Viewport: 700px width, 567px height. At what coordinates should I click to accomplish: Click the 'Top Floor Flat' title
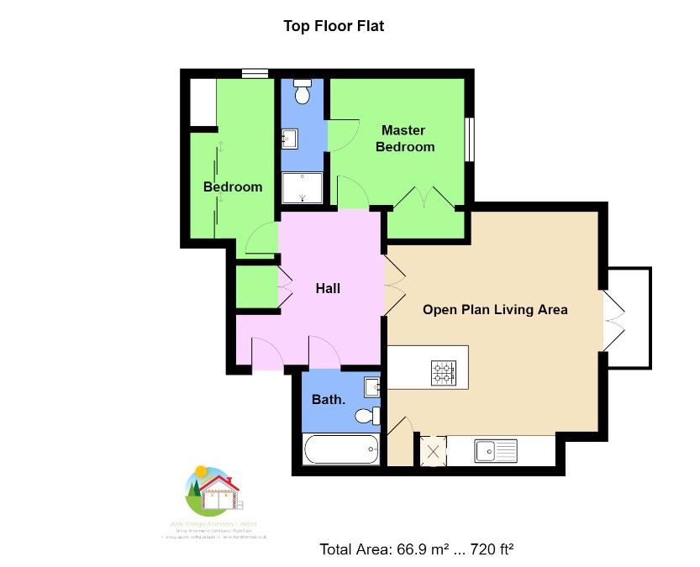point(334,26)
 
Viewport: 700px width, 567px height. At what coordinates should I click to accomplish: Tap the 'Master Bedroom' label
point(404,139)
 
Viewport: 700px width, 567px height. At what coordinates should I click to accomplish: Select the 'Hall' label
point(328,288)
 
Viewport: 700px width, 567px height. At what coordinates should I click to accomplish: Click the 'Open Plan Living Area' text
point(494,310)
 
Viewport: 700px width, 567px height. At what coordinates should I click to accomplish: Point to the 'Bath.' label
point(329,400)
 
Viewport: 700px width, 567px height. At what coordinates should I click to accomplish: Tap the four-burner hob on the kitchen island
point(444,372)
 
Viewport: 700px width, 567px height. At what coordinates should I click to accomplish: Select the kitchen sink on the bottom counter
point(496,451)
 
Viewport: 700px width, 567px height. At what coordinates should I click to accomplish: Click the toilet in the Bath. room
point(366,416)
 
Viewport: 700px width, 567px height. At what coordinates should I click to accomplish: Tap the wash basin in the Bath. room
point(372,387)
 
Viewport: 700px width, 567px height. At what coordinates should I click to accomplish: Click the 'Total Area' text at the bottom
point(416,549)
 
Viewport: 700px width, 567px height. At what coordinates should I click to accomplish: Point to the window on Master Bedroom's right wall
point(471,139)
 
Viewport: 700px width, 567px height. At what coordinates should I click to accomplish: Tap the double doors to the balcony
point(613,319)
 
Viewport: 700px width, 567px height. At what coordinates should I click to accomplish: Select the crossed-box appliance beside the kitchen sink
point(434,451)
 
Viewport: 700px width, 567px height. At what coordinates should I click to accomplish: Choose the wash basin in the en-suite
point(288,138)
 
